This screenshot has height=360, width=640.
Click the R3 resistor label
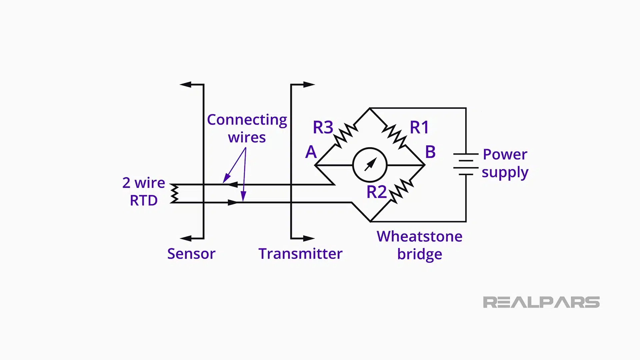coord(323,127)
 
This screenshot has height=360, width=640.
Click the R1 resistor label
coord(419,127)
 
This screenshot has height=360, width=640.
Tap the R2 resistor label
coord(376,192)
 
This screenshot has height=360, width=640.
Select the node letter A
coord(311,152)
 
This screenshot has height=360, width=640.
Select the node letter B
coord(430,152)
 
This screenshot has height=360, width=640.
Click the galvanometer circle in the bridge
coord(370,165)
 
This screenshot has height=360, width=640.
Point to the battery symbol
coord(466,164)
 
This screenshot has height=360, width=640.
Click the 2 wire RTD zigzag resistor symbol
coord(174,193)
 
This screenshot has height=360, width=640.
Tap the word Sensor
coord(191,254)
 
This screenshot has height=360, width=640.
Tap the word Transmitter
coord(300,254)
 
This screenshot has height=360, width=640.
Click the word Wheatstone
coord(419,236)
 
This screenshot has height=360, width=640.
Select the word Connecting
coord(247,120)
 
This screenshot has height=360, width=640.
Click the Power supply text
coord(505,163)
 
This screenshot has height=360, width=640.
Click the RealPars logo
coord(541,302)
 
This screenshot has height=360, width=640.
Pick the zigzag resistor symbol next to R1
coord(394,136)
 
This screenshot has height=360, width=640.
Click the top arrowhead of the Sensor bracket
coord(185,85)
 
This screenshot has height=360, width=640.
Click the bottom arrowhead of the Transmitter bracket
coord(309,238)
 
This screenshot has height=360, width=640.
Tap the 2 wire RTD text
coord(143,191)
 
